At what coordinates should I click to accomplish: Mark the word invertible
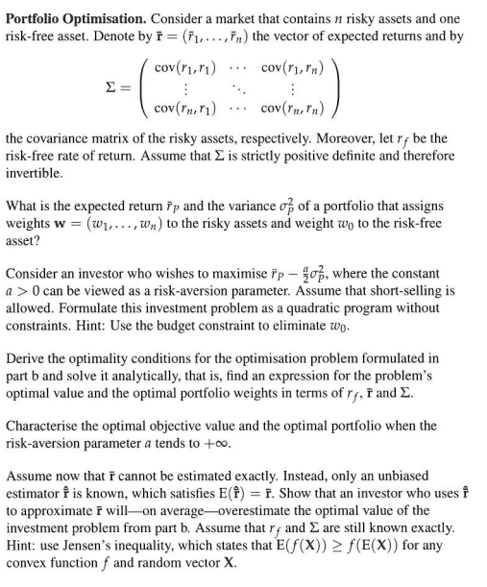click(36, 174)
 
